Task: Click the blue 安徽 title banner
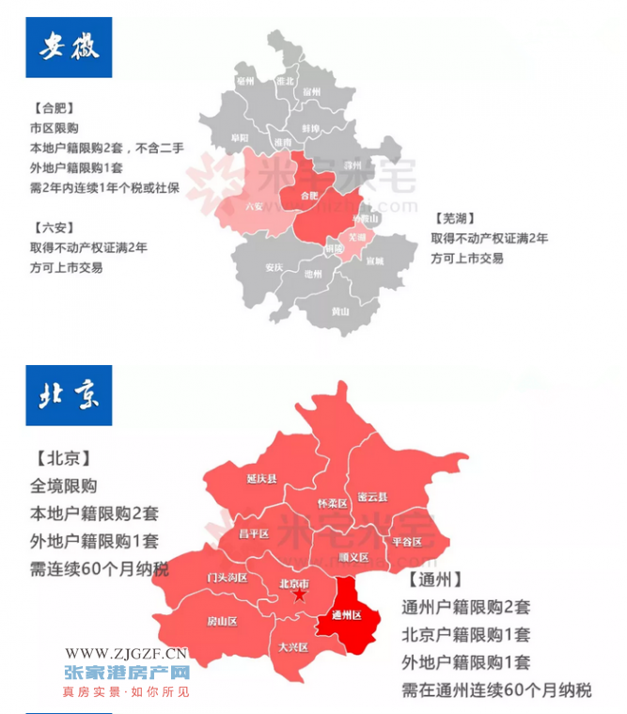point(69,45)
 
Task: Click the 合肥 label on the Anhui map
point(309,196)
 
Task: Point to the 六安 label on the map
point(255,206)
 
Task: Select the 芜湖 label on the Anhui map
point(357,236)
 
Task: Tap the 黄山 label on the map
point(340,310)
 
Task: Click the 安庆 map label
point(274,267)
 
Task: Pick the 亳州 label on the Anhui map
point(246,82)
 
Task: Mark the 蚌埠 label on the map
point(311,127)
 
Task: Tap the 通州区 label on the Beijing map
point(347,615)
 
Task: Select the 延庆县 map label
point(262,479)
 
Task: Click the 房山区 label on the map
point(223,622)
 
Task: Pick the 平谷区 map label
point(407,542)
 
